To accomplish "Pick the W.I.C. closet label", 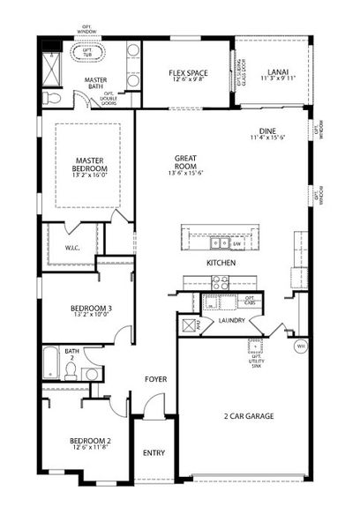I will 73,248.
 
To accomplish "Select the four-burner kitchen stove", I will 220,283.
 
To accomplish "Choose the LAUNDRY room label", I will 231,320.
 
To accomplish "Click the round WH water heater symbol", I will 300,346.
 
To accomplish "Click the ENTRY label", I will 154,453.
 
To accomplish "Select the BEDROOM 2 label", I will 90,441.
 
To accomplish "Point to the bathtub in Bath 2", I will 50,365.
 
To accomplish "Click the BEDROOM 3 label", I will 91,309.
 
